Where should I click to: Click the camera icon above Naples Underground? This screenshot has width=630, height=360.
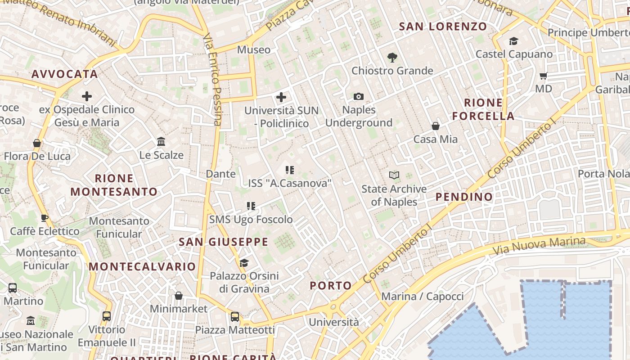point(358,96)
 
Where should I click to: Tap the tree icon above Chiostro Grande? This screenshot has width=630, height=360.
point(392,57)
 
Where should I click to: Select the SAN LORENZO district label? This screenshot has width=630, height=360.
point(443,27)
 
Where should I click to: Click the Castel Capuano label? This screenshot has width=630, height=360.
point(514,54)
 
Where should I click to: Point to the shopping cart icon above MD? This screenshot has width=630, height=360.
point(543,76)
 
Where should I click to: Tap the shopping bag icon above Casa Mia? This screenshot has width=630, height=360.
point(435,126)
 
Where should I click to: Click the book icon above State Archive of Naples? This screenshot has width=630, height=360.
point(394,175)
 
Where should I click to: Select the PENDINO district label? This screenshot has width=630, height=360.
point(464,197)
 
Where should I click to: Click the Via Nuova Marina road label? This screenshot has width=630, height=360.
point(539,245)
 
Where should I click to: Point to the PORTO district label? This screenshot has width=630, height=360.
point(331,285)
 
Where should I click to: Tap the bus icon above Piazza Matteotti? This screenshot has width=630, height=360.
point(234,317)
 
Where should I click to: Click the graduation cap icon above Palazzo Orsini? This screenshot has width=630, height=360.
point(244,263)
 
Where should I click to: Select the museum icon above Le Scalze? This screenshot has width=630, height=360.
point(161,142)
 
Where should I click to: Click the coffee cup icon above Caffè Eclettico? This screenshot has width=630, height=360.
point(45,218)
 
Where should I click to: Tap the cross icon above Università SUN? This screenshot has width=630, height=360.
point(281,97)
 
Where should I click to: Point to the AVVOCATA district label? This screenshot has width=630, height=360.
point(65,74)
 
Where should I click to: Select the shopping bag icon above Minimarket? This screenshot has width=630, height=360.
point(179,296)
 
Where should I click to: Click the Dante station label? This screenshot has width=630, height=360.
point(220,174)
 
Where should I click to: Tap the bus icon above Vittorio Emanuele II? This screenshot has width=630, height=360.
point(106,316)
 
